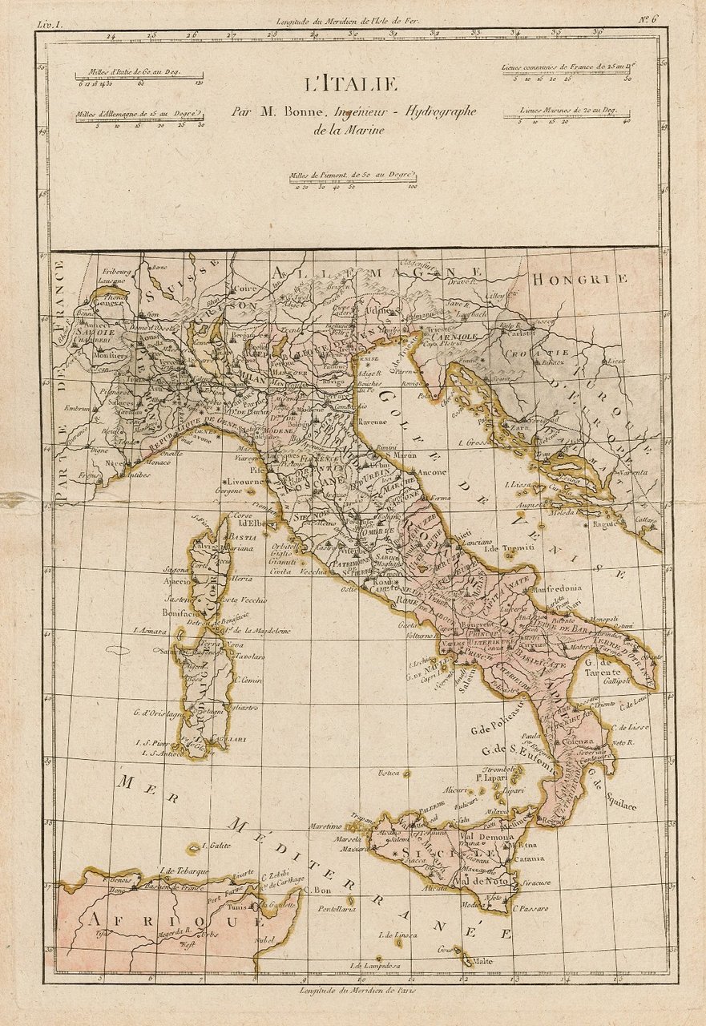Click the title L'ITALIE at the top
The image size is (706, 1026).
click(x=349, y=83)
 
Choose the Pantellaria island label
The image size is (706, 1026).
click(x=336, y=909)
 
